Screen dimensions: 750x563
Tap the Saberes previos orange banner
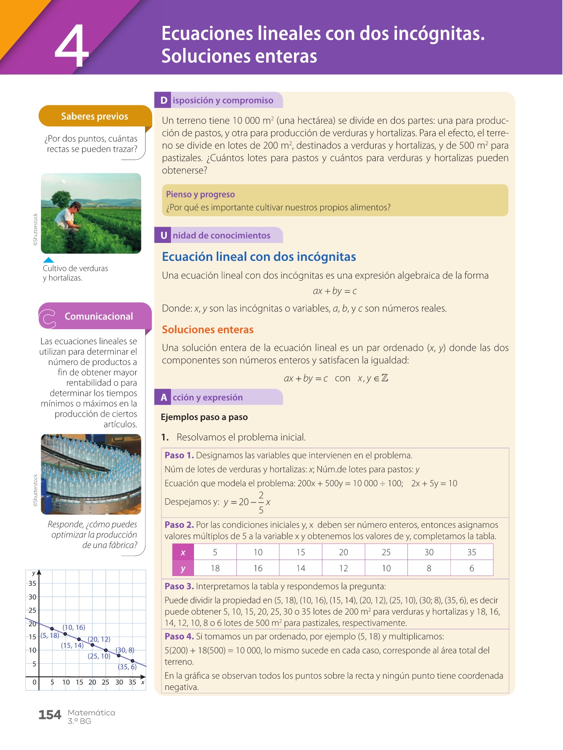click(x=95, y=116)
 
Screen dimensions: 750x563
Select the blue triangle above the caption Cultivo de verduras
click(x=49, y=260)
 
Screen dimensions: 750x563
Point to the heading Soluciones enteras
click(x=208, y=330)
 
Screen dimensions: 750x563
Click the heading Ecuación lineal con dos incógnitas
click(x=259, y=257)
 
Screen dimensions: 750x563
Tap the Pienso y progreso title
click(x=200, y=194)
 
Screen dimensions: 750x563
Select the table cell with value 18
click(x=215, y=568)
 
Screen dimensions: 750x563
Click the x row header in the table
click(x=183, y=552)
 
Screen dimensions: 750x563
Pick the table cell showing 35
click(x=472, y=552)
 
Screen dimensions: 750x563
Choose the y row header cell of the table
click(x=183, y=568)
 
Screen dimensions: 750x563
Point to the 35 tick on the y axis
click(x=33, y=583)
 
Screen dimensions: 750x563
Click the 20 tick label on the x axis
click(x=92, y=682)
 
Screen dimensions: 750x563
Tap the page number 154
click(x=50, y=715)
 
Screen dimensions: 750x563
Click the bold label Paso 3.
click(x=179, y=586)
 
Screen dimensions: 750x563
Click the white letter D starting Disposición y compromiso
click(x=164, y=100)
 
